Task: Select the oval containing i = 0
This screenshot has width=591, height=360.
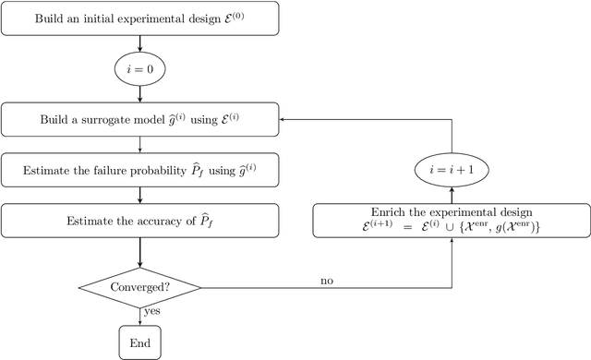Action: pos(139,67)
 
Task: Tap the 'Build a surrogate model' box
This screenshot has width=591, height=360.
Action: pos(139,119)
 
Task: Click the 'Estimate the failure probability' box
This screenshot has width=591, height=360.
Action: pos(139,170)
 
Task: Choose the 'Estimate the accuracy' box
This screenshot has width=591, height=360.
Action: pos(139,221)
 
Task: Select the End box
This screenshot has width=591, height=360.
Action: pos(139,343)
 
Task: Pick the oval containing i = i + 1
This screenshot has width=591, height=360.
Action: pos(452,170)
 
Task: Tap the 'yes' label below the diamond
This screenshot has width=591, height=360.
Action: pos(151,312)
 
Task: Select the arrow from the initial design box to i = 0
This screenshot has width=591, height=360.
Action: pos(139,43)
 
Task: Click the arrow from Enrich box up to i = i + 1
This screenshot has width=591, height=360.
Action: pos(452,195)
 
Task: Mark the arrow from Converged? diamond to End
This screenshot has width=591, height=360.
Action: pos(139,317)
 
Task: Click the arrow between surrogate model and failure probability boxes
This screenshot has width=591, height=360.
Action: pos(139,144)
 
